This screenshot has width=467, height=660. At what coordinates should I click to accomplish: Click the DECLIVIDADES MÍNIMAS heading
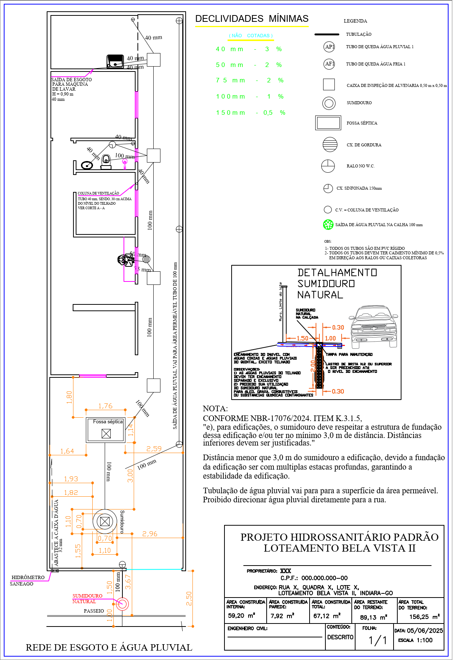(x=252, y=19)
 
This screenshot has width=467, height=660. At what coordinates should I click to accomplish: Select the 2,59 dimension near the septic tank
(x=154, y=449)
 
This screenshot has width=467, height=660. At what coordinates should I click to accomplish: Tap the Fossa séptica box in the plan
(x=105, y=430)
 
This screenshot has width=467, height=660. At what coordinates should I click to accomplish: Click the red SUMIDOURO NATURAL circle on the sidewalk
(x=122, y=604)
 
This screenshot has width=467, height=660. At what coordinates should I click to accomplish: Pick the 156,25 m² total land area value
(x=424, y=617)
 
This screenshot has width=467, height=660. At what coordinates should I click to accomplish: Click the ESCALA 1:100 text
(x=415, y=640)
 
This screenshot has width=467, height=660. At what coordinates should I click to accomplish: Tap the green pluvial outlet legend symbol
(x=328, y=225)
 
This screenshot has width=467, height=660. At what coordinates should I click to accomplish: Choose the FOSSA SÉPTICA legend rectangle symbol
(x=328, y=123)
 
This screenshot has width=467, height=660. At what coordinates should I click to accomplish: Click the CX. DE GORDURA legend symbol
(x=330, y=144)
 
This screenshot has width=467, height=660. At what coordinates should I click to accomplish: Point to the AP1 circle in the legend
(x=330, y=47)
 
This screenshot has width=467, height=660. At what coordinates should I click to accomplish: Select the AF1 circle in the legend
(x=330, y=64)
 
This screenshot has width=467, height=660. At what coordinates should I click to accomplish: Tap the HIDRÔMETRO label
(x=28, y=577)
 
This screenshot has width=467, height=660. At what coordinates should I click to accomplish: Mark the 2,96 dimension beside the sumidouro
(x=150, y=534)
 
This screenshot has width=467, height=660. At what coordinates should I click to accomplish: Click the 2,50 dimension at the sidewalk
(x=189, y=598)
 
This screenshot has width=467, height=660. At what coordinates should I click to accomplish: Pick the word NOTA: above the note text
(x=215, y=409)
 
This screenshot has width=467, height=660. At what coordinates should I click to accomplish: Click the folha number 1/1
(x=377, y=640)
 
